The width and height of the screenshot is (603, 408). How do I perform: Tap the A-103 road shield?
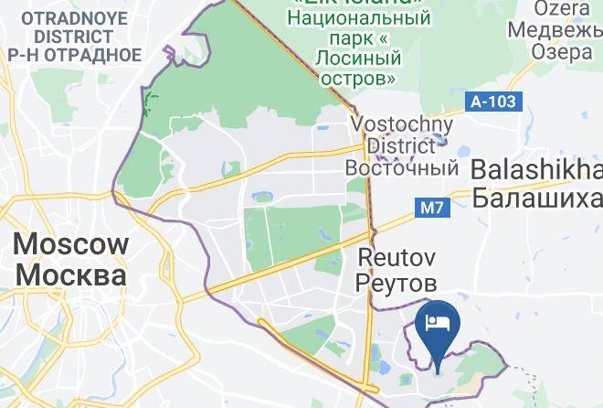(494, 102)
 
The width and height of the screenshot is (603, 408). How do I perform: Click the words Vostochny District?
(401, 134)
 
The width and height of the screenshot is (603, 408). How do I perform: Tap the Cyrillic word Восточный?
(401, 168)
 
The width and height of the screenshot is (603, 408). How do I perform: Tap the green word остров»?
(358, 79)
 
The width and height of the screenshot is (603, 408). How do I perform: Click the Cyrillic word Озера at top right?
(560, 51)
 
